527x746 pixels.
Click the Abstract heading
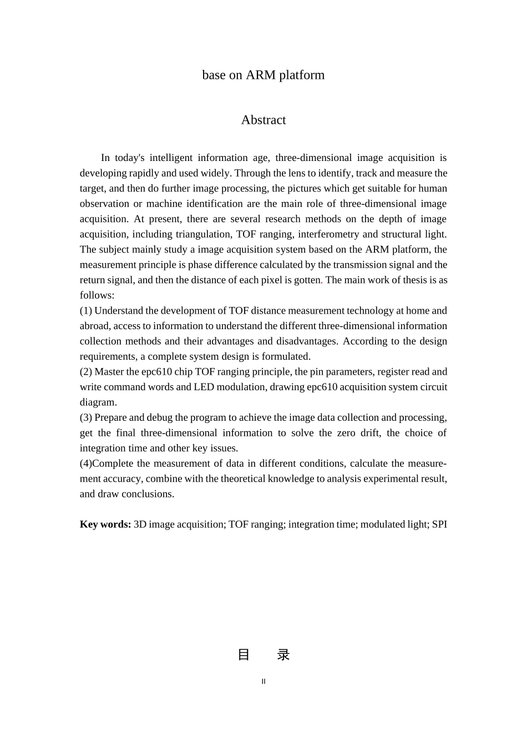pos(263,120)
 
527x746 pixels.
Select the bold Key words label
pos(105,524)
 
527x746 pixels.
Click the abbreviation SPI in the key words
pos(439,524)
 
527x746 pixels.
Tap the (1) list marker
pos(86,310)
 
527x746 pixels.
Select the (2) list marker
pos(86,371)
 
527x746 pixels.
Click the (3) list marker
pos(86,417)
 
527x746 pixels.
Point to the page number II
pos(263,682)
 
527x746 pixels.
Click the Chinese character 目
pos(244,655)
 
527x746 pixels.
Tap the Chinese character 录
pos(283,655)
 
